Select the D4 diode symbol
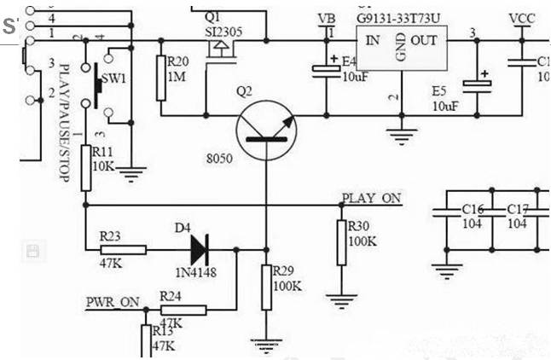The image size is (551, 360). pyautogui.click(x=198, y=250)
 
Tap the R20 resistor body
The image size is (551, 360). pyautogui.click(x=161, y=78)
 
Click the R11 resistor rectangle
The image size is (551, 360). pyautogui.click(x=85, y=167)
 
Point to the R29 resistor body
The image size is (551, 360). pyautogui.click(x=266, y=287)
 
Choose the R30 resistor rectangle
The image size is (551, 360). pyautogui.click(x=342, y=242)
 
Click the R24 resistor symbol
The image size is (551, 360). pyautogui.click(x=183, y=309)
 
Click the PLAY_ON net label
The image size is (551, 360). pyautogui.click(x=371, y=198)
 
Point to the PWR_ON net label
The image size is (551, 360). pyautogui.click(x=112, y=301)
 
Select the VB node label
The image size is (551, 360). pyautogui.click(x=326, y=19)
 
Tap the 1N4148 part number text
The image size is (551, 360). pyautogui.click(x=200, y=272)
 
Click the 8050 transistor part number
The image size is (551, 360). pyautogui.click(x=219, y=160)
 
